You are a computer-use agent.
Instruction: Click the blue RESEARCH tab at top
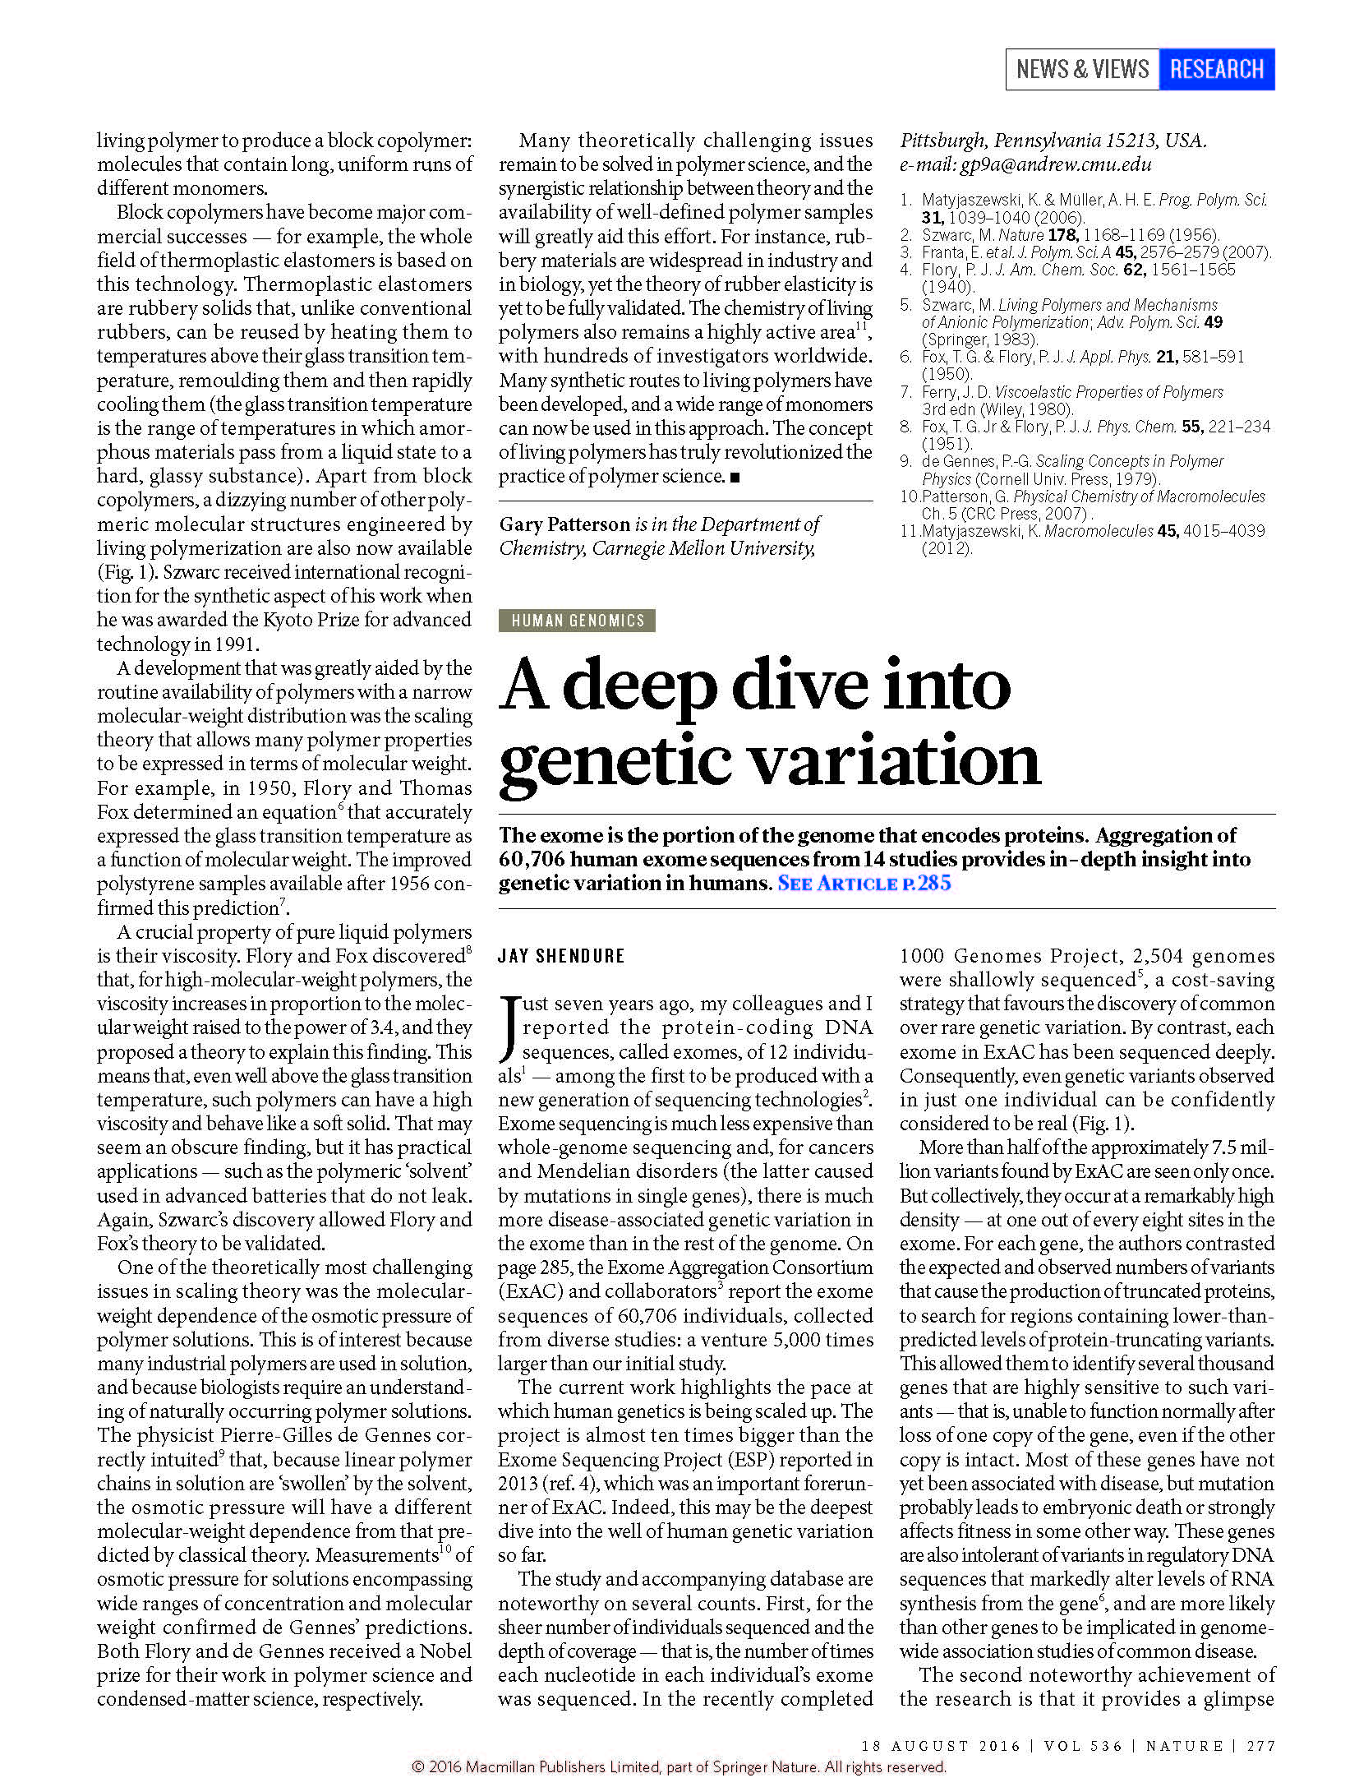(x=1215, y=69)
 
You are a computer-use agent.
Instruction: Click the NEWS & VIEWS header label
(x=1081, y=69)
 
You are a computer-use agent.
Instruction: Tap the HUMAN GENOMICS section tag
(x=577, y=621)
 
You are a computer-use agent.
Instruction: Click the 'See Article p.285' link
(x=864, y=884)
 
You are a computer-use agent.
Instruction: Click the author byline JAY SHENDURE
(x=561, y=956)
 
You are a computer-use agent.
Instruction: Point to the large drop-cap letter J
(x=509, y=1028)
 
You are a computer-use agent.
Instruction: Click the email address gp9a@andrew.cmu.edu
(x=1055, y=164)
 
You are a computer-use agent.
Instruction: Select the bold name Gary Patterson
(x=564, y=524)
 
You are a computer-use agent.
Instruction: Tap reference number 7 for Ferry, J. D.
(x=905, y=393)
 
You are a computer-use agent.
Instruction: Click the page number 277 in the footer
(x=1260, y=1746)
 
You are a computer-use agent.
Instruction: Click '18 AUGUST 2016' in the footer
(x=940, y=1746)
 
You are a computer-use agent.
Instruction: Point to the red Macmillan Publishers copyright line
(x=679, y=1767)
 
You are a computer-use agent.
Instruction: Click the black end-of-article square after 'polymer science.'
(x=735, y=477)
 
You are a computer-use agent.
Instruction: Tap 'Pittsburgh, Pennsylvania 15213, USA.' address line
(x=1053, y=141)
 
